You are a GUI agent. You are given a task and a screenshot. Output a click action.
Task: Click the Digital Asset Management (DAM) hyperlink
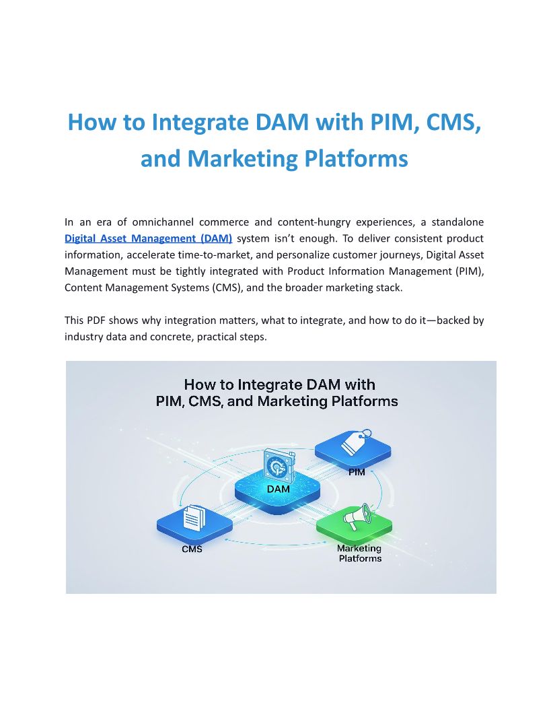(x=149, y=238)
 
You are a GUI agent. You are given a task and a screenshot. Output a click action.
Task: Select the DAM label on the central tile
(x=278, y=489)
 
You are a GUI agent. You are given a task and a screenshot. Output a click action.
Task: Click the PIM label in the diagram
(x=357, y=473)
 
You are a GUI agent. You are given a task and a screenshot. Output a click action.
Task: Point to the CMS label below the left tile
(x=192, y=549)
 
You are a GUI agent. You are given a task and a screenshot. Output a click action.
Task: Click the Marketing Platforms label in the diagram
(x=359, y=553)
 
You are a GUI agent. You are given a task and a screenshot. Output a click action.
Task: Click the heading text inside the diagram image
(x=281, y=393)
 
